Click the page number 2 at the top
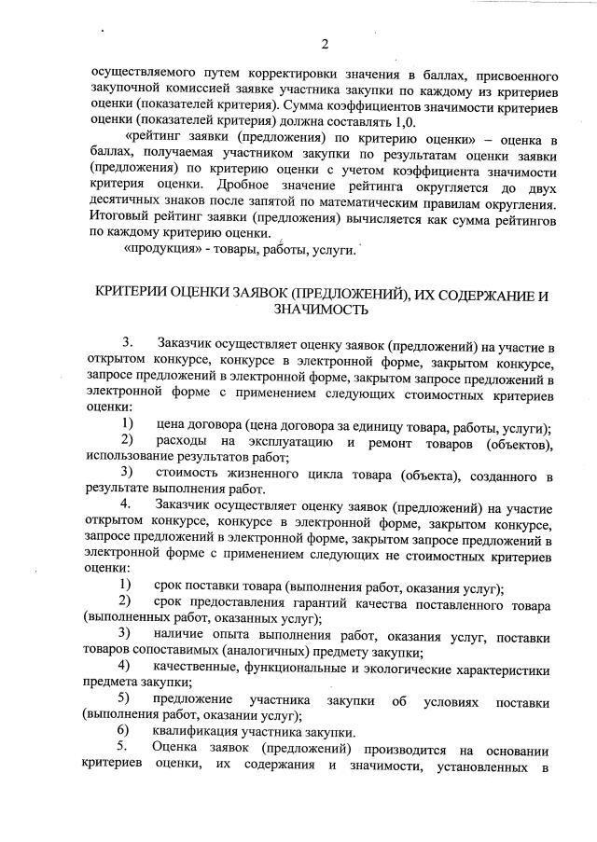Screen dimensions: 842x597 [x=326, y=44]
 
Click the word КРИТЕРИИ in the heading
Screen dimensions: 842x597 [x=137, y=294]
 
